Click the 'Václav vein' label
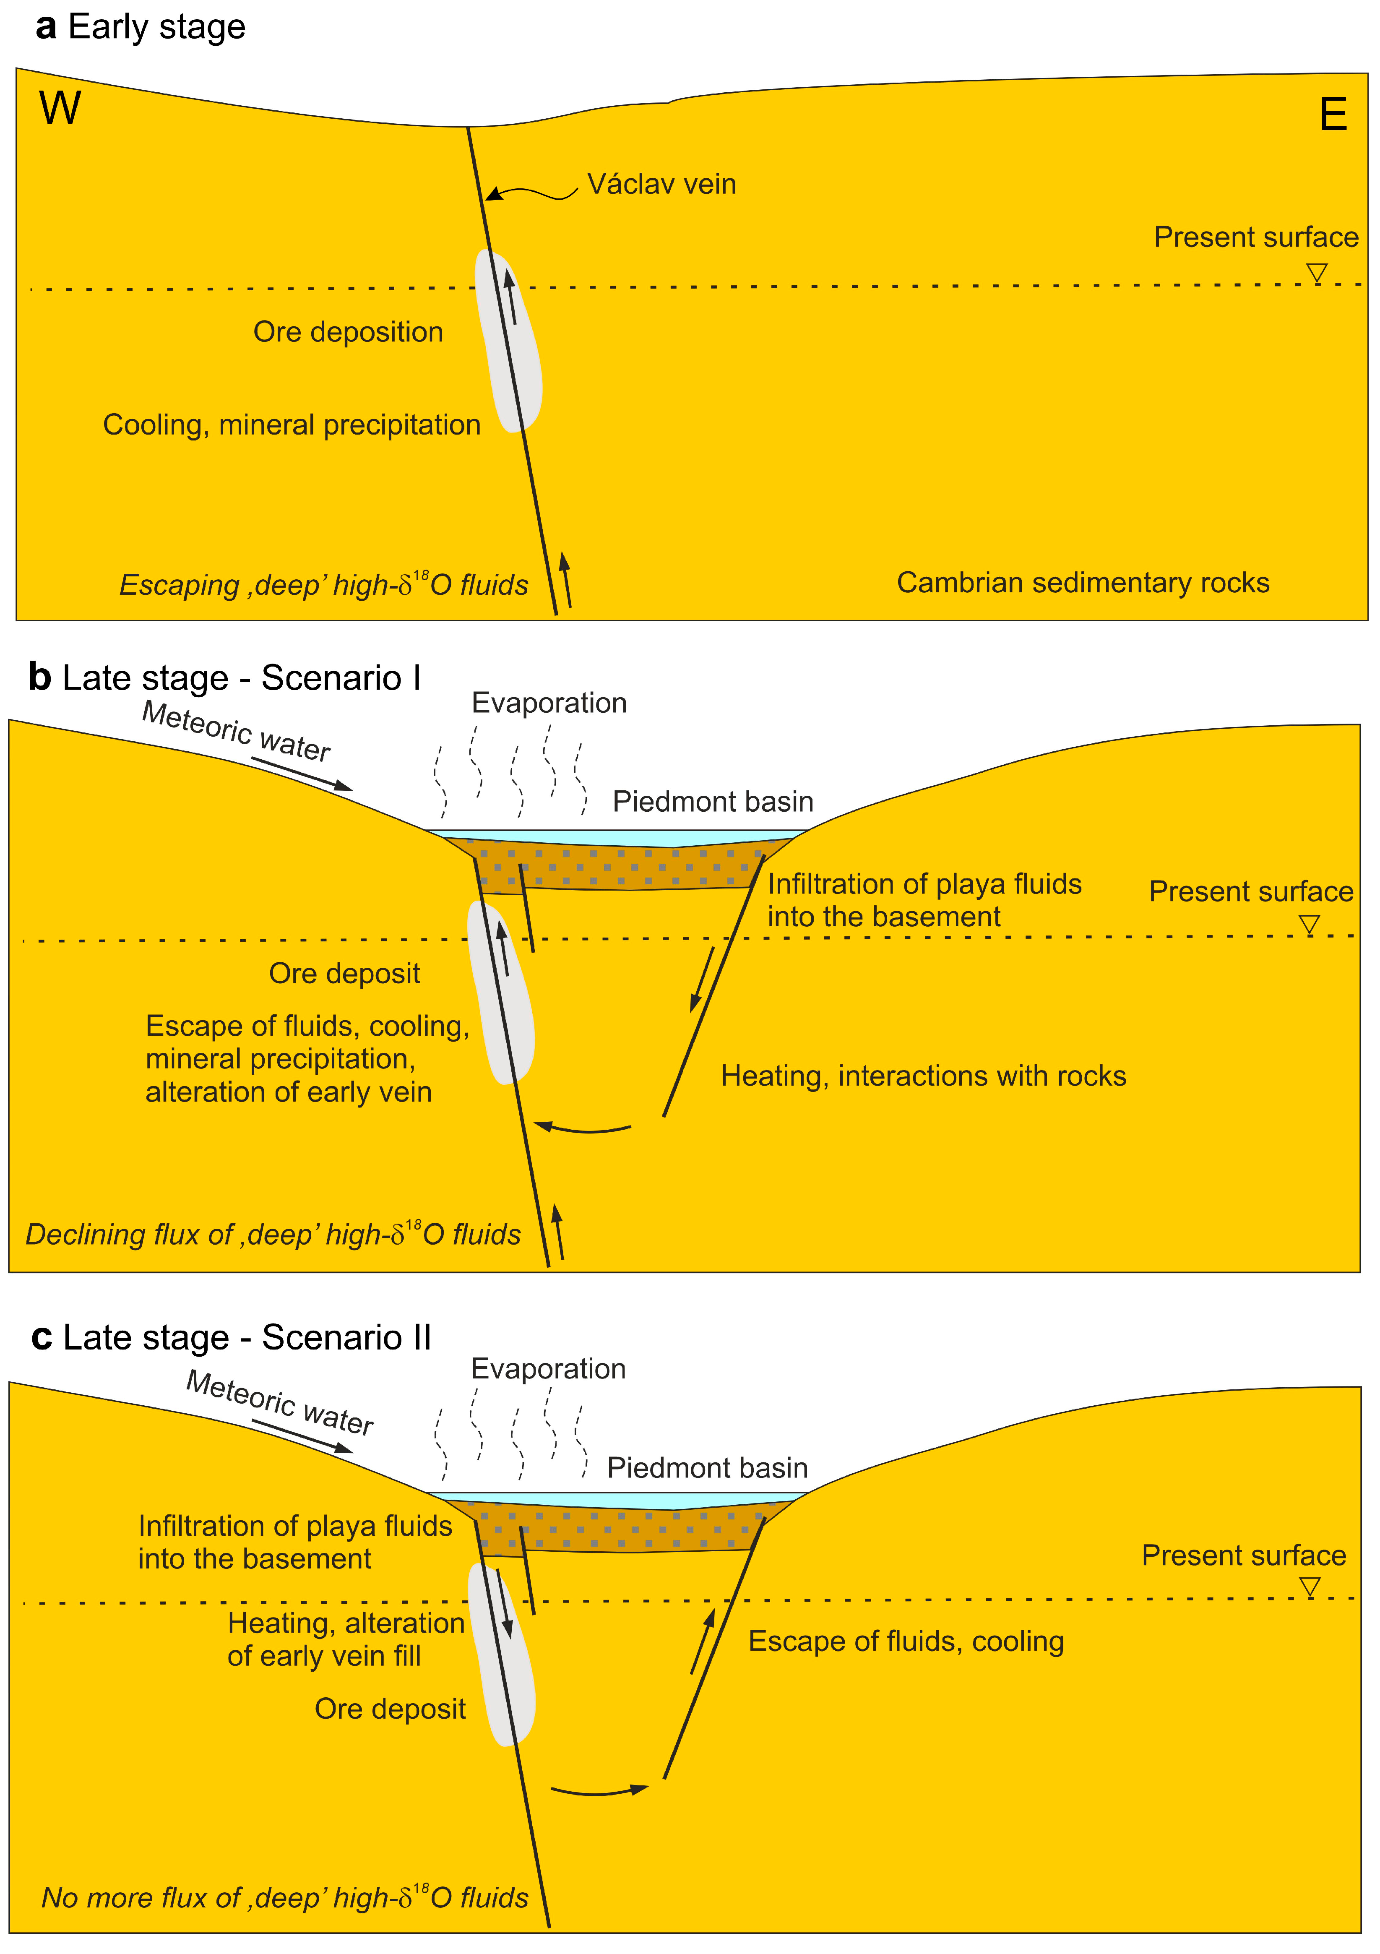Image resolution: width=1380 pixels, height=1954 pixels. (661, 185)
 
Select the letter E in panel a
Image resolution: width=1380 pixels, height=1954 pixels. (1332, 115)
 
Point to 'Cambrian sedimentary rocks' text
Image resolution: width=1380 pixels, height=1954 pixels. (1082, 583)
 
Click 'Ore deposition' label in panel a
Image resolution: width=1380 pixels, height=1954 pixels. (348, 332)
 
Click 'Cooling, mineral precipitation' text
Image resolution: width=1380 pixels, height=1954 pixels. (292, 425)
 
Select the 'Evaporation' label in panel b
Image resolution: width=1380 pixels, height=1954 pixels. (549, 703)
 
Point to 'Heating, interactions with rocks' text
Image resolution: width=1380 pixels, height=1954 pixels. (923, 1076)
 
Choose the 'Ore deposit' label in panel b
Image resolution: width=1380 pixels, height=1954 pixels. (344, 974)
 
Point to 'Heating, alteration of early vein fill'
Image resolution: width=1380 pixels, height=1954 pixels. (346, 1640)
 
